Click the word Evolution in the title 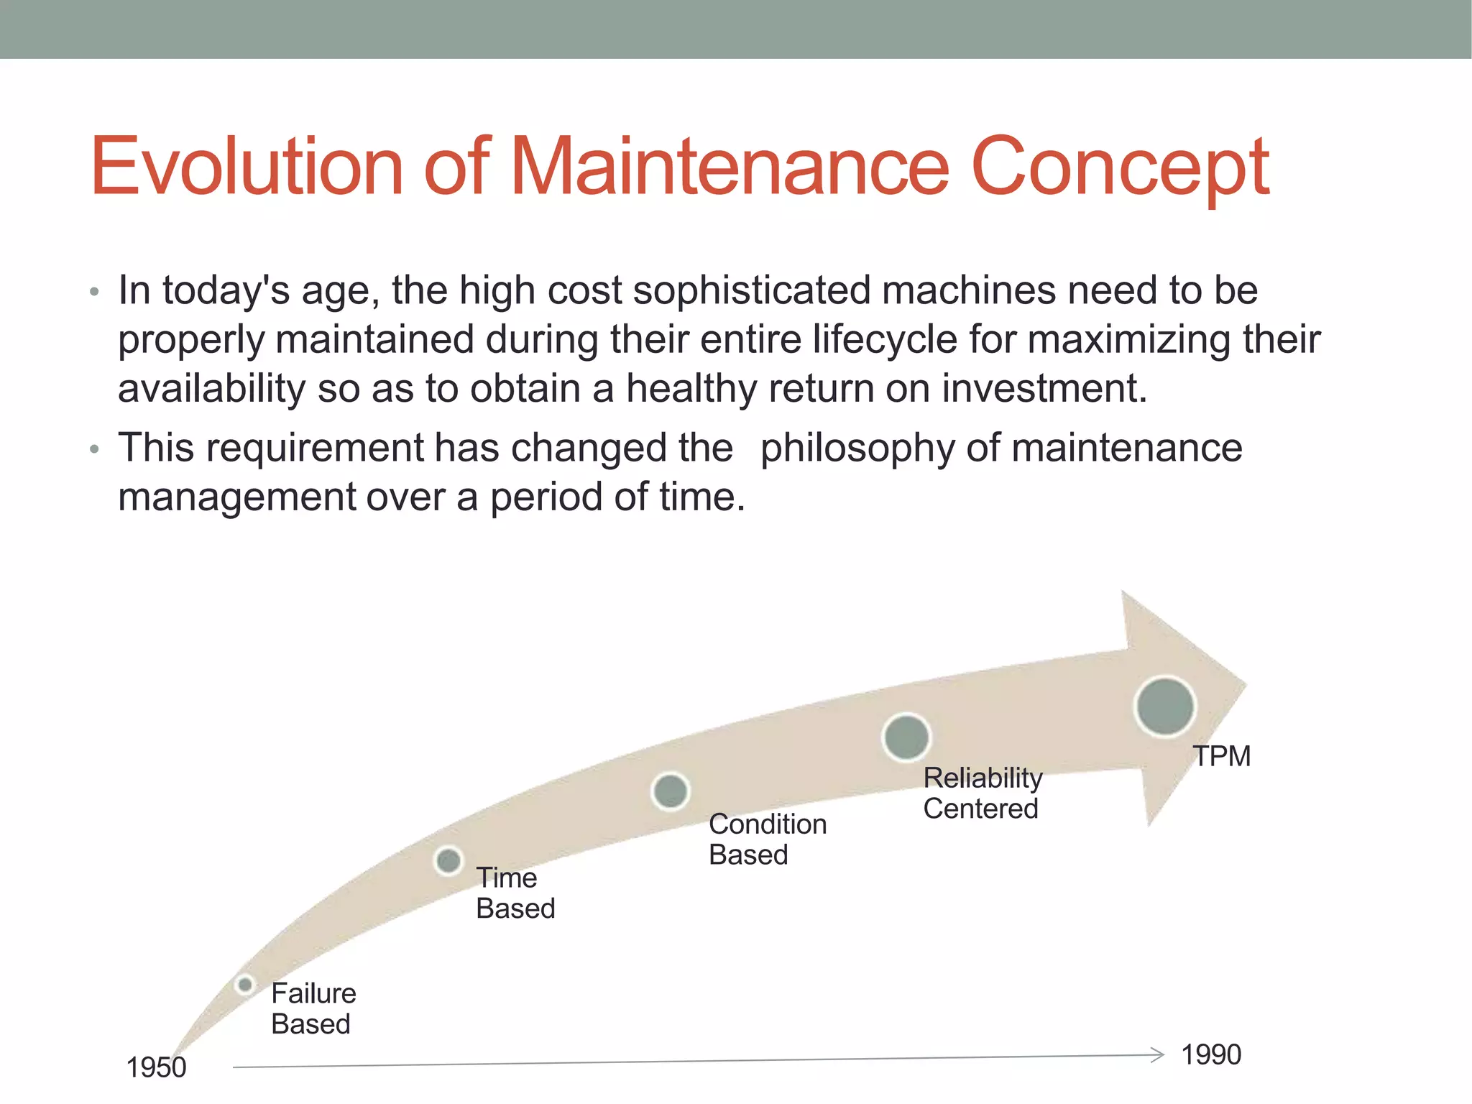click(x=246, y=167)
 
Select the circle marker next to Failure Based click(x=245, y=984)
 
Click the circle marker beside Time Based click(x=448, y=860)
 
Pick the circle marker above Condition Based click(x=670, y=791)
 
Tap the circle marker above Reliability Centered click(x=906, y=737)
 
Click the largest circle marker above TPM click(x=1164, y=706)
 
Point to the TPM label click(x=1222, y=756)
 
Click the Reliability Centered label click(x=982, y=793)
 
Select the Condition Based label click(x=767, y=839)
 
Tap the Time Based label click(x=515, y=893)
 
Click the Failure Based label click(x=313, y=1008)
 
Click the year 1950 click(x=156, y=1067)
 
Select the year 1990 click(x=1211, y=1054)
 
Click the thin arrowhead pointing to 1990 click(x=1157, y=1055)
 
